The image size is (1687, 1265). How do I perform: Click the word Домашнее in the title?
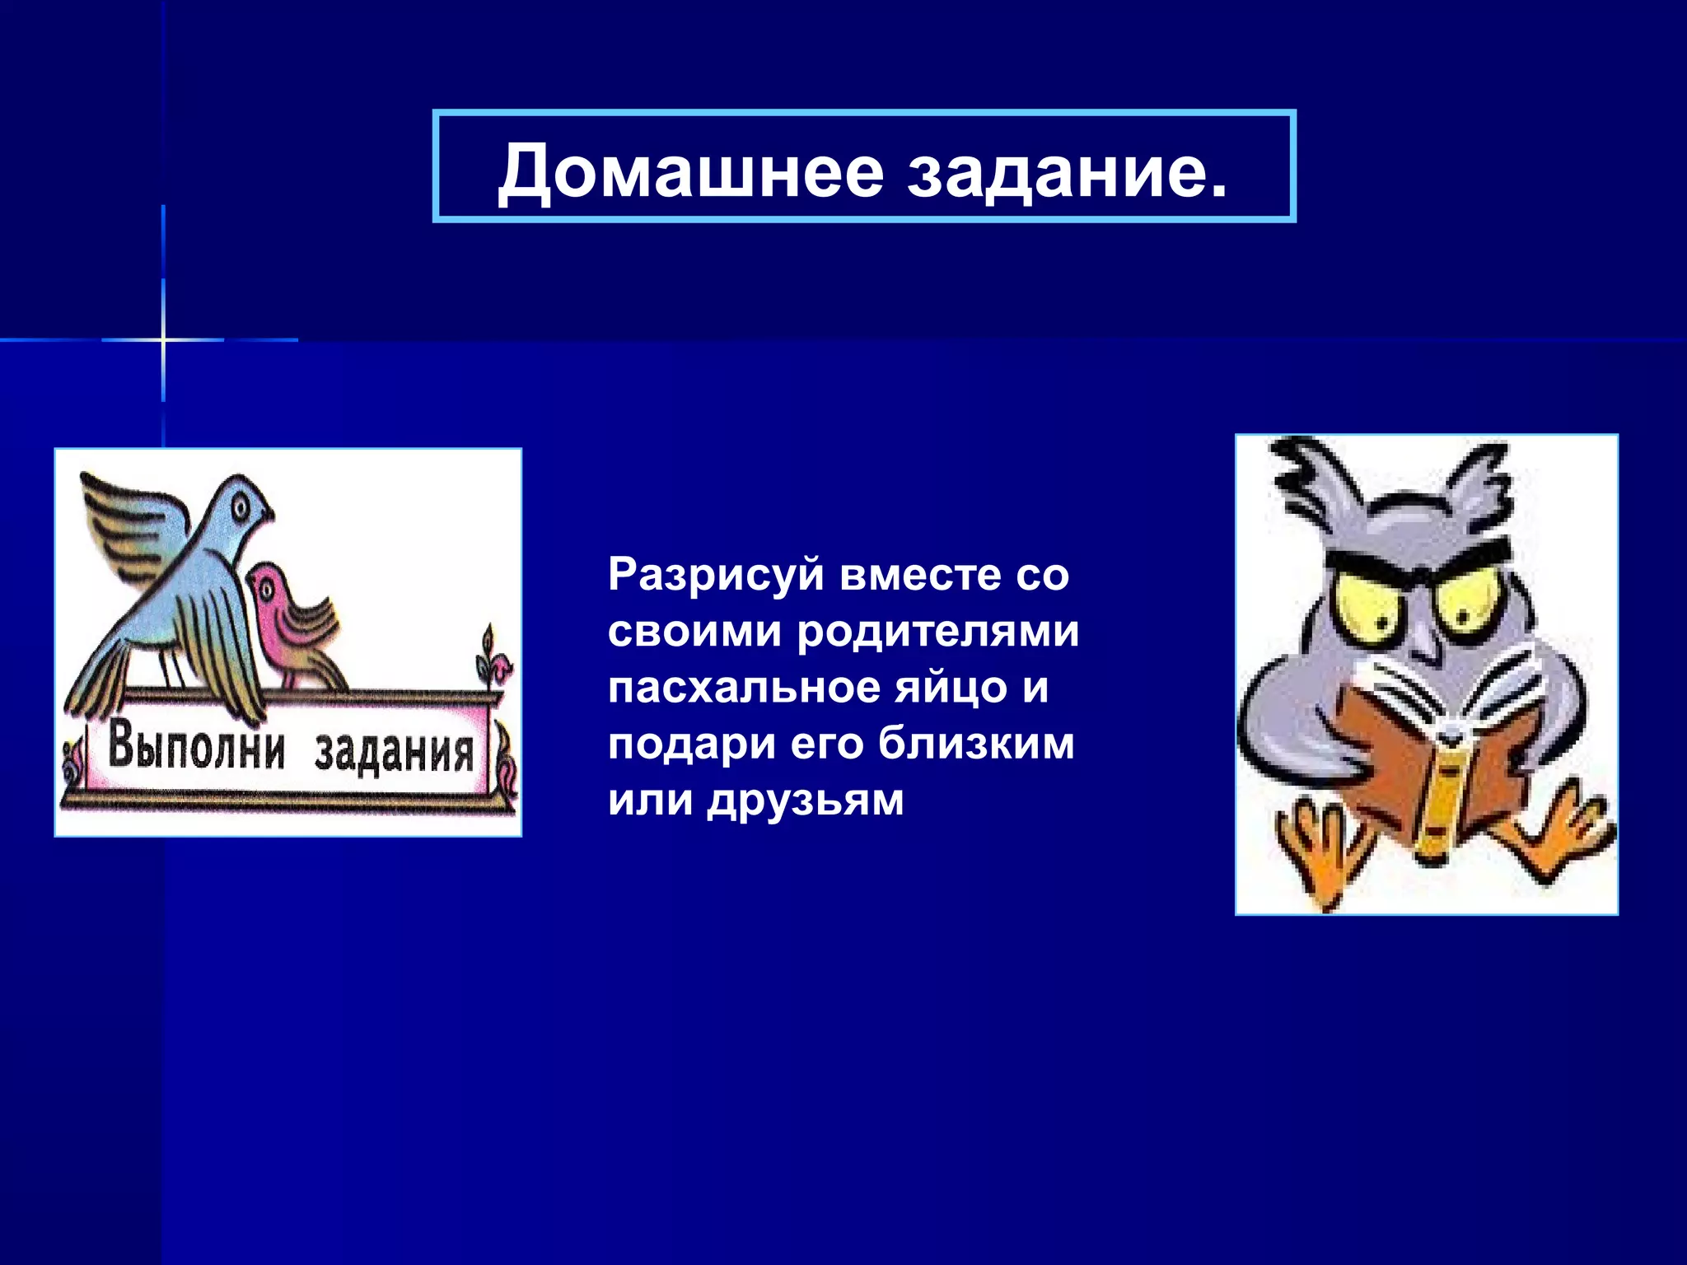(x=690, y=171)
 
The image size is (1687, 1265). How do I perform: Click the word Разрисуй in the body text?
(x=716, y=576)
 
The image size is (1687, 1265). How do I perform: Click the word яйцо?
(x=951, y=688)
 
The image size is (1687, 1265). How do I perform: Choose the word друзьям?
(x=806, y=800)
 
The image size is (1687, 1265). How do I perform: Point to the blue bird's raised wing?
(x=132, y=519)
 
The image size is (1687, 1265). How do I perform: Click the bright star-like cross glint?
(x=163, y=339)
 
